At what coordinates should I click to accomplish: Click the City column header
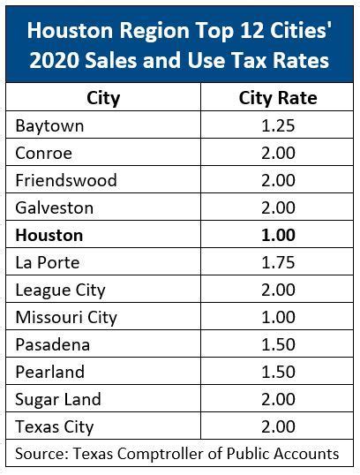tap(104, 96)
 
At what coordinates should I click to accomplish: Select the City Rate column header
tap(278, 96)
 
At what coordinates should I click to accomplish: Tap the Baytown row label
tap(49, 125)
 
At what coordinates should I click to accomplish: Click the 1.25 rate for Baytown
tap(278, 125)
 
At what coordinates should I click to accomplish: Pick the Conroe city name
tap(44, 153)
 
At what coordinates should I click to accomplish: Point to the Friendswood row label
tap(66, 180)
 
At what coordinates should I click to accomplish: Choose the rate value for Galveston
tap(278, 207)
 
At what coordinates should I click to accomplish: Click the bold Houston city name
tap(49, 235)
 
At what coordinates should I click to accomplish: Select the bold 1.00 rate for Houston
tap(278, 235)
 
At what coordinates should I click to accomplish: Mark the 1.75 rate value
tap(278, 262)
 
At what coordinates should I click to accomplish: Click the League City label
tap(60, 290)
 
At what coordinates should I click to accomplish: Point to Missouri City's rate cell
tap(278, 317)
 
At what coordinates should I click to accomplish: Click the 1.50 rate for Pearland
tap(278, 372)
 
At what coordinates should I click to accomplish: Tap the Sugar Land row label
tap(58, 399)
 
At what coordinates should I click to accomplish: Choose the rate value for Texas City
tap(278, 426)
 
